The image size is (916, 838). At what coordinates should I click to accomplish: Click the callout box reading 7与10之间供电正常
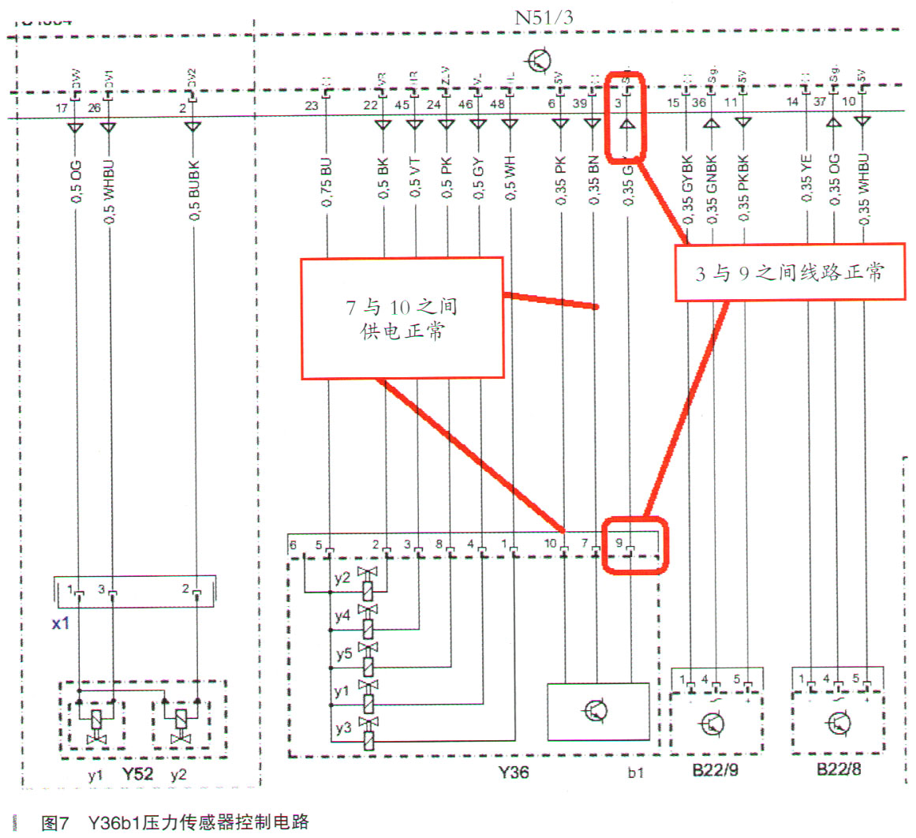(402, 318)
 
